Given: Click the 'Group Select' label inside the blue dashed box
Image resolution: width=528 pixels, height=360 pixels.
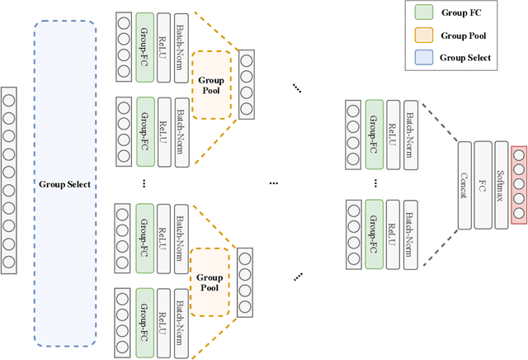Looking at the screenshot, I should [64, 184].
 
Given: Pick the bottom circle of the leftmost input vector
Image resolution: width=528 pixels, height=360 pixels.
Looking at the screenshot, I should [8, 263].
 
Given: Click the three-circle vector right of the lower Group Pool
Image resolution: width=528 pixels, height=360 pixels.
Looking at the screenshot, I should [246, 282].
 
